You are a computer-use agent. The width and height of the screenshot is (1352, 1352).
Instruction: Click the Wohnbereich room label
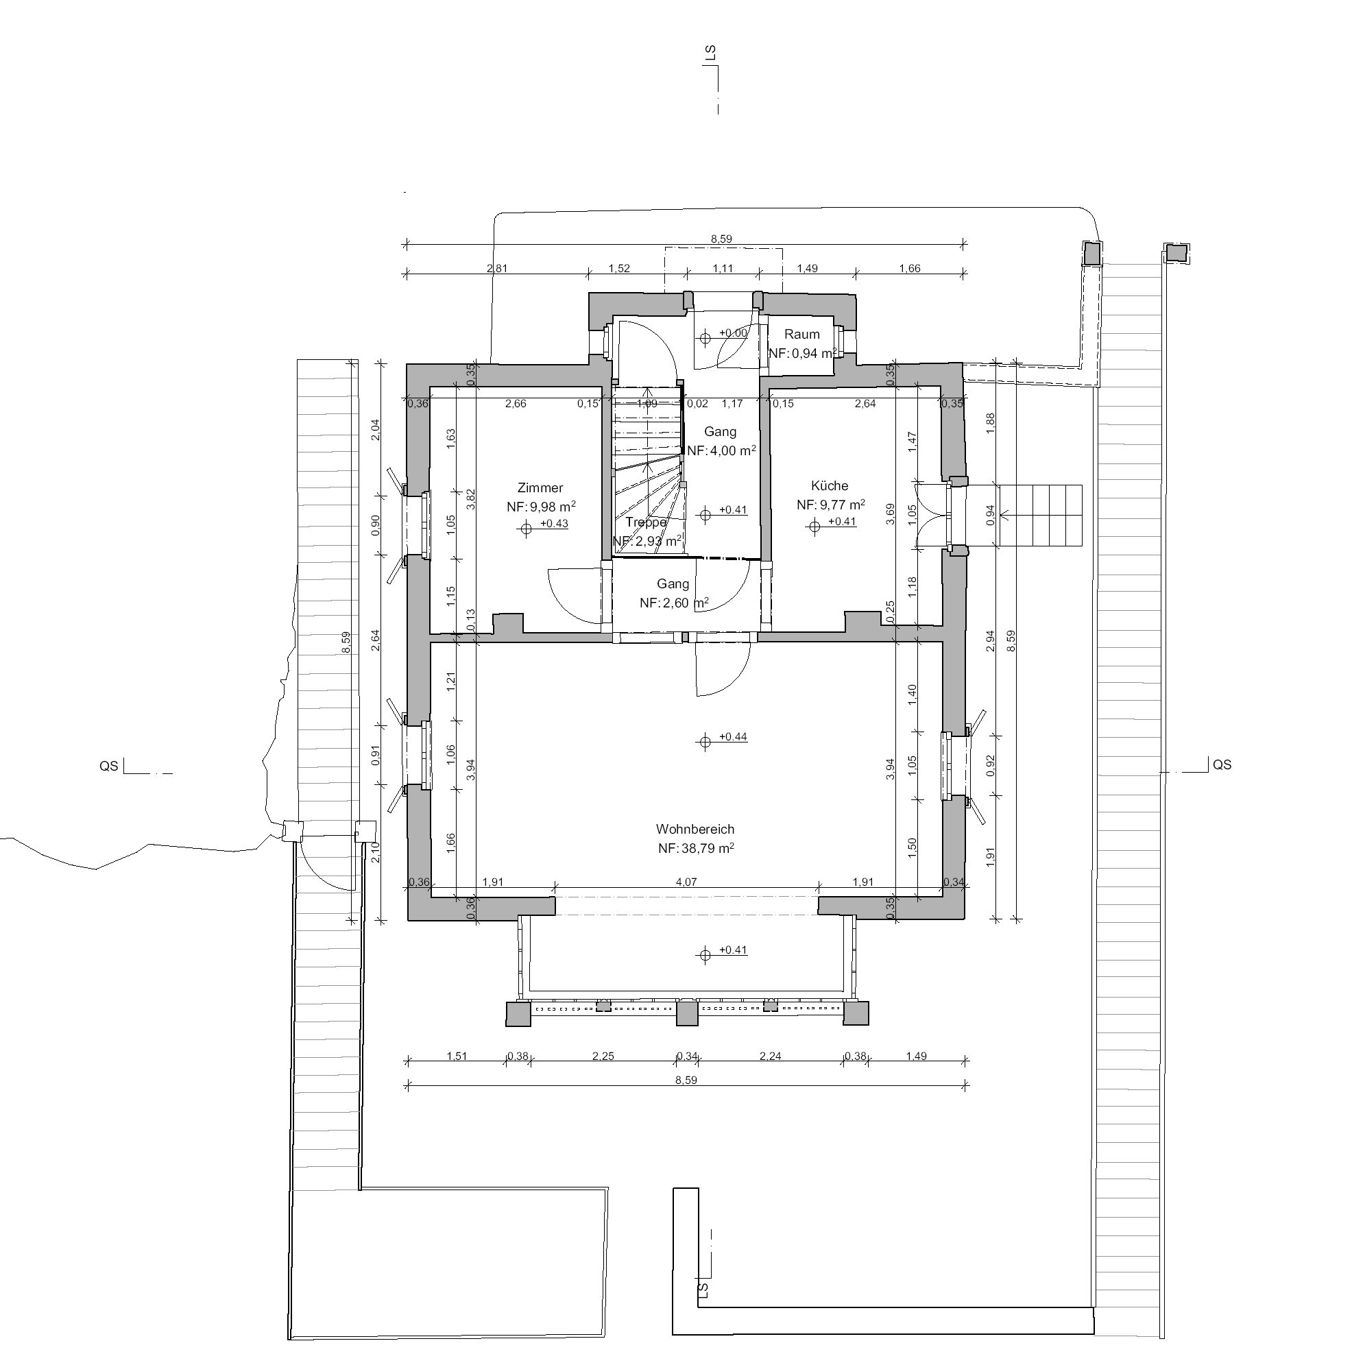click(695, 830)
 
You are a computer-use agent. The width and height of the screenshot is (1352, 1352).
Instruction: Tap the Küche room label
click(830, 485)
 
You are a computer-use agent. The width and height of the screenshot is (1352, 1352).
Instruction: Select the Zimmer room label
click(540, 487)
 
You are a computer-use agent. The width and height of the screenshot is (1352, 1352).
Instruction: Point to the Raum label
click(801, 335)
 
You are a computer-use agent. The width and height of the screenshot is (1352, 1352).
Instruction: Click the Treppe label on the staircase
click(645, 522)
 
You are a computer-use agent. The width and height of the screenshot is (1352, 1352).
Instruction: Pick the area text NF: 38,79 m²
click(695, 849)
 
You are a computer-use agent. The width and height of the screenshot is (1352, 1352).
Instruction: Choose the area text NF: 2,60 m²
click(673, 603)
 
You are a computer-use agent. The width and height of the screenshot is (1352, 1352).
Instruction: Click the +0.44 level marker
click(733, 737)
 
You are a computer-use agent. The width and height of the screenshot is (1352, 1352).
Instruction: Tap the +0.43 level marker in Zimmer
click(553, 523)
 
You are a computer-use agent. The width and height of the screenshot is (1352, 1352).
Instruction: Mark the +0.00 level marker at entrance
click(733, 333)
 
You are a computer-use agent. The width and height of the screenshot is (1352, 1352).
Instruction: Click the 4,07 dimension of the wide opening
click(686, 882)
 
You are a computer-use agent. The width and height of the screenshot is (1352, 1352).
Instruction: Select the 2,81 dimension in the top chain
click(496, 268)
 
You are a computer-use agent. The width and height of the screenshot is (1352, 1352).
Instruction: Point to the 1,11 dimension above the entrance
click(722, 268)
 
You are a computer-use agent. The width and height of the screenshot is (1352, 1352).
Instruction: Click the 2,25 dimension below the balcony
click(603, 1056)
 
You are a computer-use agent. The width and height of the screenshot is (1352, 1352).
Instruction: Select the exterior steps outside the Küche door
click(1039, 516)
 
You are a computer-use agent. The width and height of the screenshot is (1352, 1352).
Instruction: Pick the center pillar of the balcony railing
click(686, 1014)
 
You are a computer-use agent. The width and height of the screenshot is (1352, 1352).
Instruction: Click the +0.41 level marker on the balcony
click(733, 950)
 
